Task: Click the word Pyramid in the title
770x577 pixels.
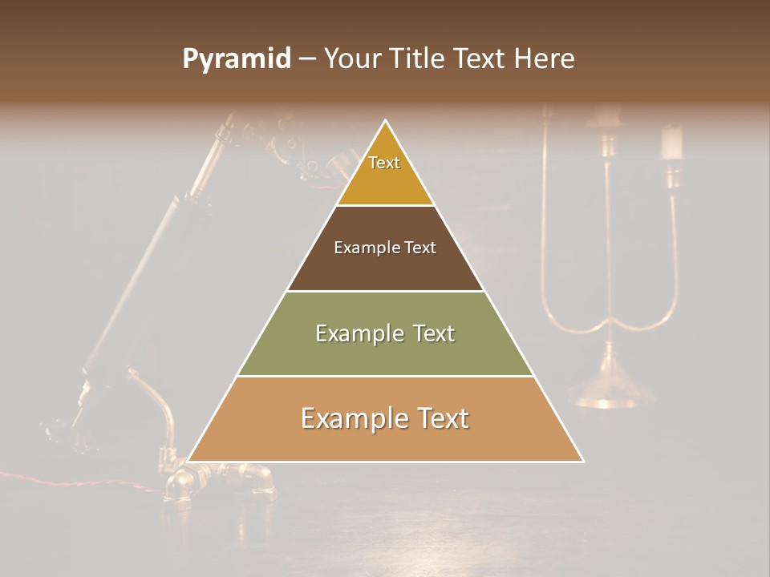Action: tap(236, 59)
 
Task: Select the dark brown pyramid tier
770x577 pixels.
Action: tap(385, 269)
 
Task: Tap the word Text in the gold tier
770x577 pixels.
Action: tap(384, 163)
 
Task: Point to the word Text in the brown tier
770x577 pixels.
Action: tap(420, 248)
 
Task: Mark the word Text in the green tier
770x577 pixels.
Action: tap(432, 333)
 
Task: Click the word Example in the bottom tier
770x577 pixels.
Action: tap(352, 418)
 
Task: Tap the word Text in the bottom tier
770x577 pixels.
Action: tap(442, 418)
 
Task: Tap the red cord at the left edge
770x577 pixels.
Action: tap(48, 478)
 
